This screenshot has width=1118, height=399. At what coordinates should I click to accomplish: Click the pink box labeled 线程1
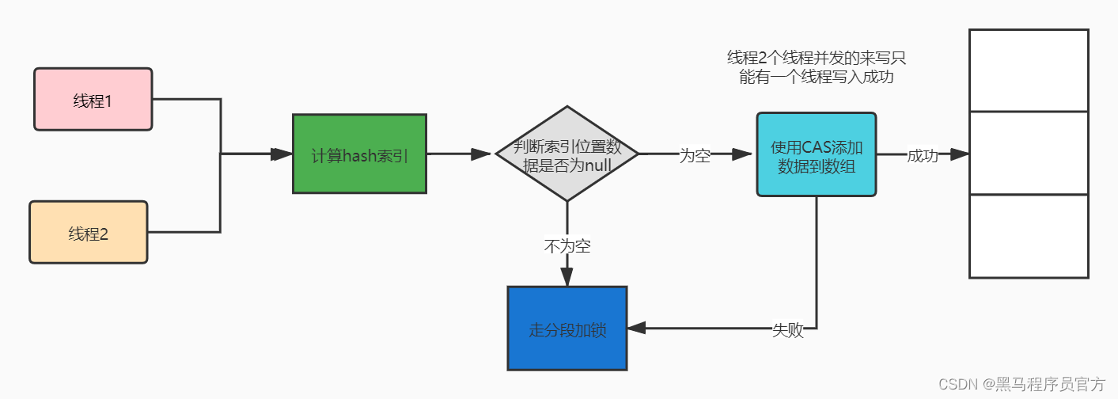tap(93, 99)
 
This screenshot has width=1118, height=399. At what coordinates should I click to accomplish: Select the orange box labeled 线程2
tap(88, 232)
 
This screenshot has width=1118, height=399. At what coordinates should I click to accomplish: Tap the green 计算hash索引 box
tap(359, 154)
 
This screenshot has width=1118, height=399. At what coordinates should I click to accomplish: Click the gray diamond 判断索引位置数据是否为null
tap(567, 154)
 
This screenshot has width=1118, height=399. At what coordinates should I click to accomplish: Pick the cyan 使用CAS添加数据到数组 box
tap(816, 154)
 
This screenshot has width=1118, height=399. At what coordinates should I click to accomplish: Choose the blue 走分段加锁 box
tap(567, 329)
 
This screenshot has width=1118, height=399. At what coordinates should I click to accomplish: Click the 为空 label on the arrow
tap(695, 156)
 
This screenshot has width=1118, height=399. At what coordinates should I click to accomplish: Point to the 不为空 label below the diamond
tap(567, 246)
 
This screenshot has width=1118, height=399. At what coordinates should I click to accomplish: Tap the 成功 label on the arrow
tap(922, 156)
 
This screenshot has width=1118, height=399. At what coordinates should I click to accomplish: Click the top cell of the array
tap(1029, 70)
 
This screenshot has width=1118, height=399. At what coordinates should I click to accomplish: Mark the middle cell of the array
tap(1029, 153)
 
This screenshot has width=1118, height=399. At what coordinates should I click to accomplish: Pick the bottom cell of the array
tap(1029, 236)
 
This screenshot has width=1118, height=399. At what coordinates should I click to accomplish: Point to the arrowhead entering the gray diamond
tap(482, 154)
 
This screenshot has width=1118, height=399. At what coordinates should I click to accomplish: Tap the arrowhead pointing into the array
tap(960, 154)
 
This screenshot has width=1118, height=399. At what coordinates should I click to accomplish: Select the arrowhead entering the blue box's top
tap(567, 276)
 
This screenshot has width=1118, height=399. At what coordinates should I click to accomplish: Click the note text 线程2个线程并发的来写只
tap(817, 58)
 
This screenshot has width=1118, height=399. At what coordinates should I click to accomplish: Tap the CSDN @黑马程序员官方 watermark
tap(1021, 384)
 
